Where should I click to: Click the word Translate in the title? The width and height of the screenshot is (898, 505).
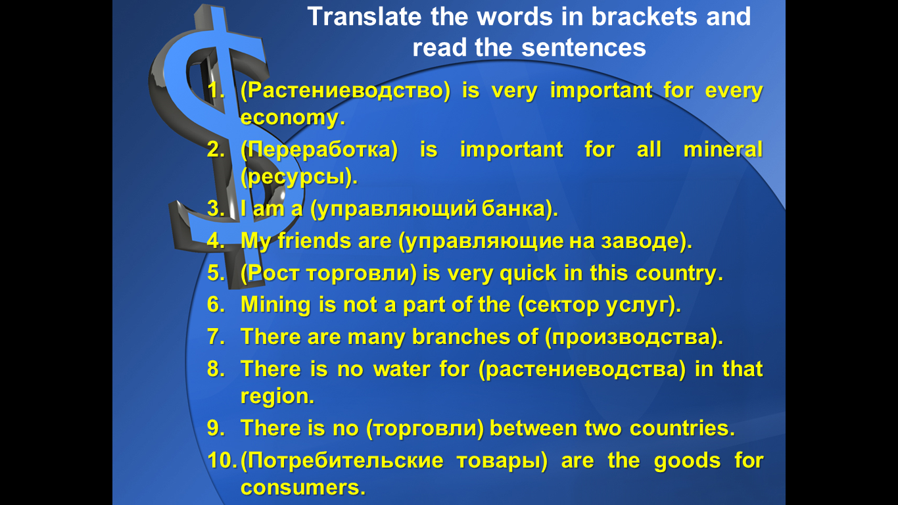tap(364, 17)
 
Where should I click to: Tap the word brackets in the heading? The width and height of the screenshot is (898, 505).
tap(645, 17)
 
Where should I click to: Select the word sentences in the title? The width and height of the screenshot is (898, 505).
tap(583, 48)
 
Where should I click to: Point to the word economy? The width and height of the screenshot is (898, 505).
tap(293, 118)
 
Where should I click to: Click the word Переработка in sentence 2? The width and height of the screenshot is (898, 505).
tap(319, 150)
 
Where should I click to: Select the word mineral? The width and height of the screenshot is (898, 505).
tap(722, 150)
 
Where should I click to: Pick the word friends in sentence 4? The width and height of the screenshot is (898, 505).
tap(314, 241)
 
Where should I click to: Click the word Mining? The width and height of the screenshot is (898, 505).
tap(275, 305)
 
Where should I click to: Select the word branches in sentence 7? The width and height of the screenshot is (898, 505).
tap(461, 337)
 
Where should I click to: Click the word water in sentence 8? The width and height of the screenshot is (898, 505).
tap(401, 369)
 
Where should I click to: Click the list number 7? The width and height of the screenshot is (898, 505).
tap(216, 337)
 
